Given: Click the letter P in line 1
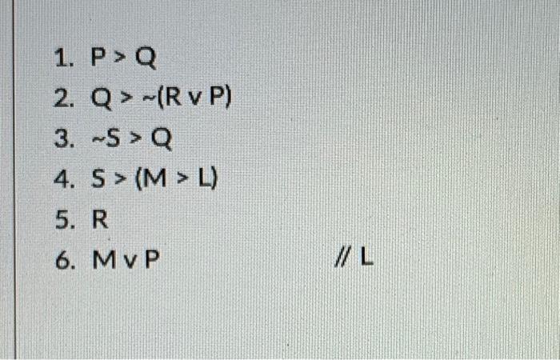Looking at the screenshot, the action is click(98, 58).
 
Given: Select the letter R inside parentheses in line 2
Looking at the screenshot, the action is click(174, 99).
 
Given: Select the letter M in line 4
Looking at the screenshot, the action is click(158, 180).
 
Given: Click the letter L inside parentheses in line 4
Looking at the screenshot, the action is click(205, 180).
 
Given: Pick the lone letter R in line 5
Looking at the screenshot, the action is click(99, 220).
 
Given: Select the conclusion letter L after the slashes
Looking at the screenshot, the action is click(367, 261).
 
